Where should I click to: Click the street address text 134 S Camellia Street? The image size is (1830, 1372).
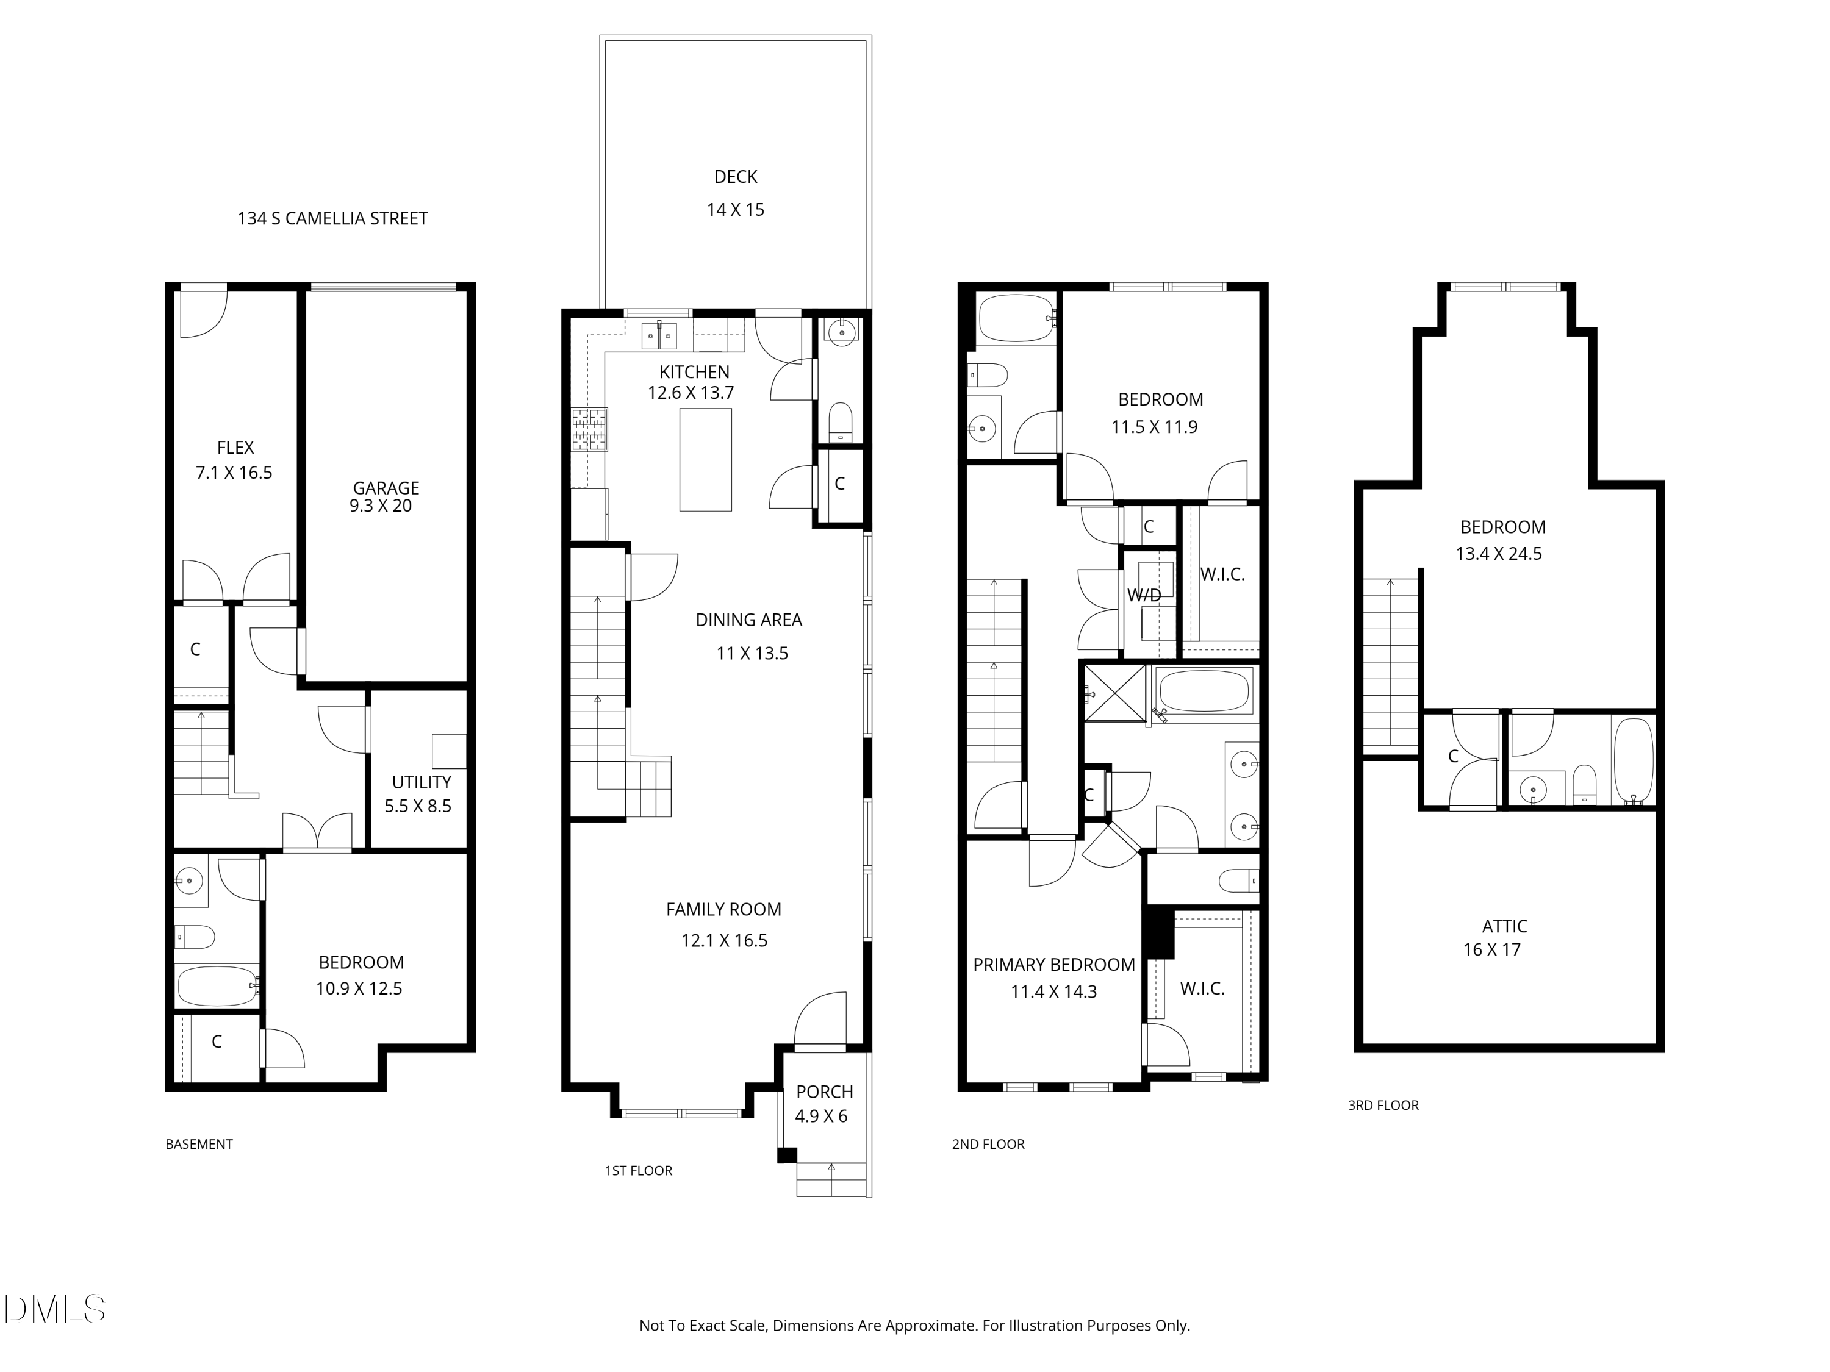pyautogui.click(x=332, y=218)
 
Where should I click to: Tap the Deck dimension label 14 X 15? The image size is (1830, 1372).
pyautogui.click(x=736, y=210)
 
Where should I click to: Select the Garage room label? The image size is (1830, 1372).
pyautogui.click(x=386, y=488)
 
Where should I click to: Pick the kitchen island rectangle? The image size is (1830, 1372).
pyautogui.click(x=706, y=460)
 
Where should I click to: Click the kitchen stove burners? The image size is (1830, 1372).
pyautogui.click(x=589, y=429)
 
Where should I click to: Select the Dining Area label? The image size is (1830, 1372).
pyautogui.click(x=748, y=620)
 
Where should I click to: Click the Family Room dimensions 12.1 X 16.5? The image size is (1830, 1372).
pyautogui.click(x=725, y=940)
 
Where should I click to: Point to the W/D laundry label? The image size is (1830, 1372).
pyautogui.click(x=1144, y=595)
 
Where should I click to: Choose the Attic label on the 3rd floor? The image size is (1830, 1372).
pyautogui.click(x=1505, y=926)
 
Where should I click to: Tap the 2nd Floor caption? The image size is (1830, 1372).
pyautogui.click(x=989, y=1144)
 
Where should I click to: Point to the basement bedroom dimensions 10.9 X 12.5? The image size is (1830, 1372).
pyautogui.click(x=359, y=988)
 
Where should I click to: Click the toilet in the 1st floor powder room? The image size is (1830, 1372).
pyautogui.click(x=841, y=422)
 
